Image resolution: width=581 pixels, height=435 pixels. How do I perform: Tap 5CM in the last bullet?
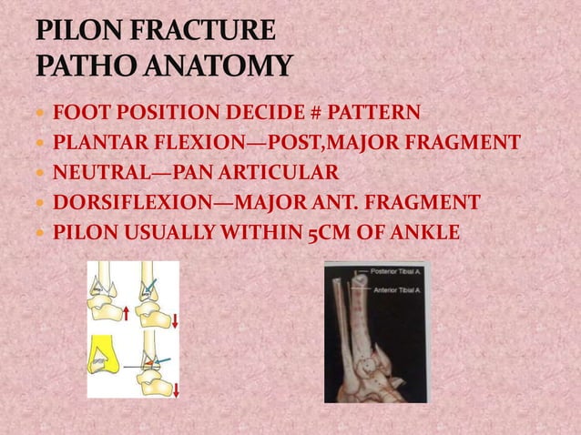tap(325, 231)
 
